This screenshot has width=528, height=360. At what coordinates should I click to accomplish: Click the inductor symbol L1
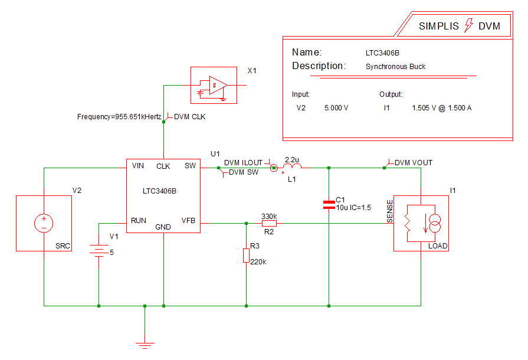(292, 168)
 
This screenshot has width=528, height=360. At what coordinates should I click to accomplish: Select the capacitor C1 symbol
(329, 205)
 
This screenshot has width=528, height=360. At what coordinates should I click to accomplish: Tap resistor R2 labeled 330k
(269, 224)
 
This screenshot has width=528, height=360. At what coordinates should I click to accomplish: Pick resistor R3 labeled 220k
(246, 256)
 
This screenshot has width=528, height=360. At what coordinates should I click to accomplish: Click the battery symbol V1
(99, 250)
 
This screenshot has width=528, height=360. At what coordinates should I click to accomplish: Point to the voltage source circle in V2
(44, 223)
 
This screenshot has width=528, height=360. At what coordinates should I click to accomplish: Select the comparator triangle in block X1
(218, 86)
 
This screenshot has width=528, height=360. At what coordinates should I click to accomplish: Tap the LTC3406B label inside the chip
(159, 191)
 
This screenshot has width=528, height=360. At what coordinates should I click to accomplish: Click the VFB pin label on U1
(188, 220)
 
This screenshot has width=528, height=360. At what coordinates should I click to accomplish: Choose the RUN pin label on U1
(139, 220)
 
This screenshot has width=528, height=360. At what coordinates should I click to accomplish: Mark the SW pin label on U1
(190, 166)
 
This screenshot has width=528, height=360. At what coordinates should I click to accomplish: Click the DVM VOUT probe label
(413, 162)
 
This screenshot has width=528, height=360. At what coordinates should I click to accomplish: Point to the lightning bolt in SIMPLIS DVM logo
(470, 25)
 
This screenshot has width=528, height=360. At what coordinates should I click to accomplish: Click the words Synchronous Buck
(395, 67)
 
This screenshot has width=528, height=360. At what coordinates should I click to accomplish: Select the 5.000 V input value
(336, 108)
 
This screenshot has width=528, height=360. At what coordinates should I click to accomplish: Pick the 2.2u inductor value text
(292, 159)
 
